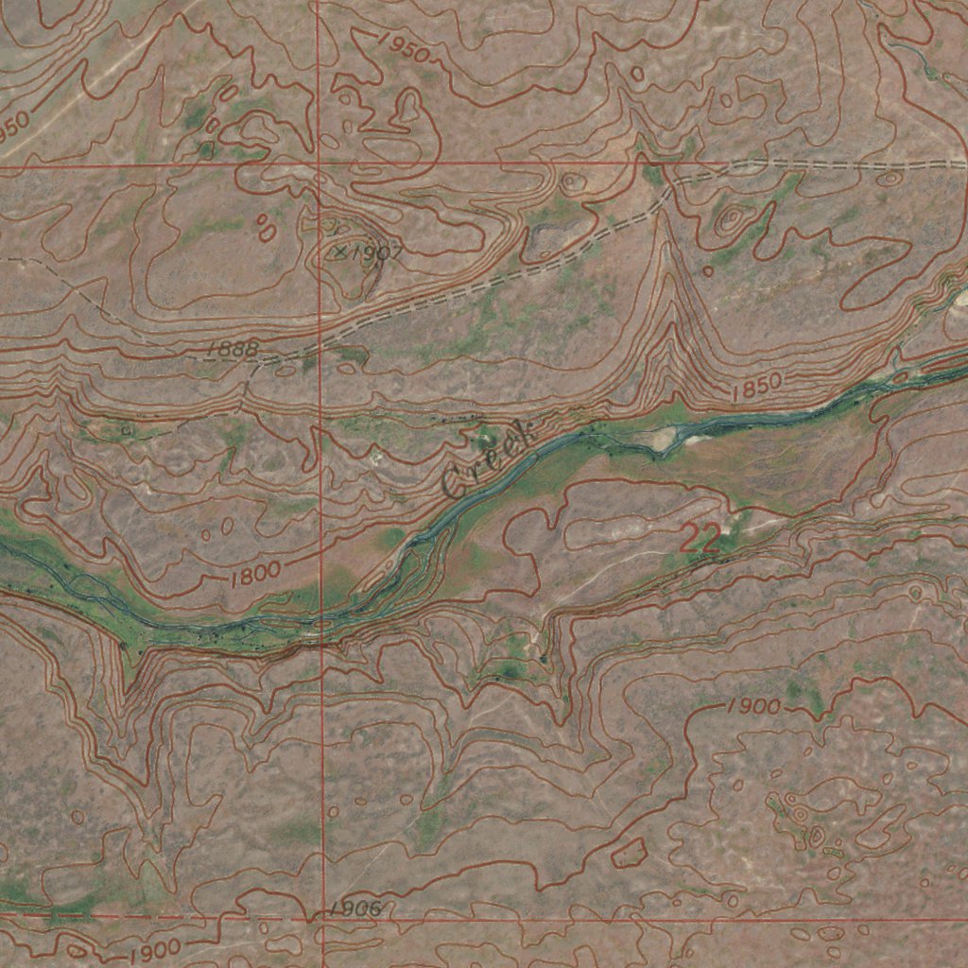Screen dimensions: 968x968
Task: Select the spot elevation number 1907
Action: [376, 253]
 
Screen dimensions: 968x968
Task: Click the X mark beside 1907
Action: [341, 252]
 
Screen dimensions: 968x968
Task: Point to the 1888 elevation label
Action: [233, 351]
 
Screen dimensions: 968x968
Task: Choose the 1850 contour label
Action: [756, 384]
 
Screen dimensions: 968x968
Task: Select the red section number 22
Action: [700, 540]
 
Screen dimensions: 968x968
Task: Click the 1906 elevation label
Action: [355, 909]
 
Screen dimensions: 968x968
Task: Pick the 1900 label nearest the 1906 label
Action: [155, 949]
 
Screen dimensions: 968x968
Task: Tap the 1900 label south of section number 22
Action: [754, 706]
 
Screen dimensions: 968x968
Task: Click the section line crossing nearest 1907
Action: [319, 165]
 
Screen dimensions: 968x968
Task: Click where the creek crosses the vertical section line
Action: [321, 624]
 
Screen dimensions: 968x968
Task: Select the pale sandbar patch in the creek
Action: [670, 436]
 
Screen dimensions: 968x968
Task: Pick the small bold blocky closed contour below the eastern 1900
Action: [630, 853]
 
